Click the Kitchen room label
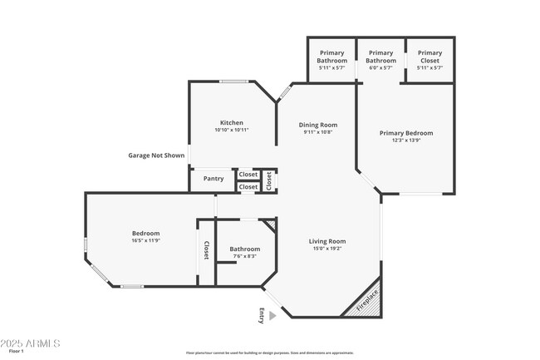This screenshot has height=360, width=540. pyautogui.click(x=231, y=123)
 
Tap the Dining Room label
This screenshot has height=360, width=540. pyautogui.click(x=318, y=125)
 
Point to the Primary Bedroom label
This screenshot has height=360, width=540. pyautogui.click(x=406, y=133)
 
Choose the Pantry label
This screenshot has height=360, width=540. pyautogui.click(x=214, y=179)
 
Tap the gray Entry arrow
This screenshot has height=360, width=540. pyautogui.click(x=272, y=315)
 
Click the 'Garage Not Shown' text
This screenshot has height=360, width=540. pyautogui.click(x=156, y=155)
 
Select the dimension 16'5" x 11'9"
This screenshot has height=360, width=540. pyautogui.click(x=145, y=241)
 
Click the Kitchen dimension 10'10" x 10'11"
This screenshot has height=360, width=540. pyautogui.click(x=232, y=131)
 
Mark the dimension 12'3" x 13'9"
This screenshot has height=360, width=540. pyautogui.click(x=406, y=141)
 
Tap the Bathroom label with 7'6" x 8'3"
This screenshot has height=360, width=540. pyautogui.click(x=245, y=249)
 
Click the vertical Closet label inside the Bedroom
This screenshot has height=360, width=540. pyautogui.click(x=206, y=251)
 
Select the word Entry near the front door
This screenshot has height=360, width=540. pyautogui.click(x=262, y=315)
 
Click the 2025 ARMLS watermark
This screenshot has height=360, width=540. pyautogui.click(x=32, y=343)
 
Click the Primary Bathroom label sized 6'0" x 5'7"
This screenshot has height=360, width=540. pyautogui.click(x=380, y=57)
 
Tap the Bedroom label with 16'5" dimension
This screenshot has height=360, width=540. pyautogui.click(x=145, y=234)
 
